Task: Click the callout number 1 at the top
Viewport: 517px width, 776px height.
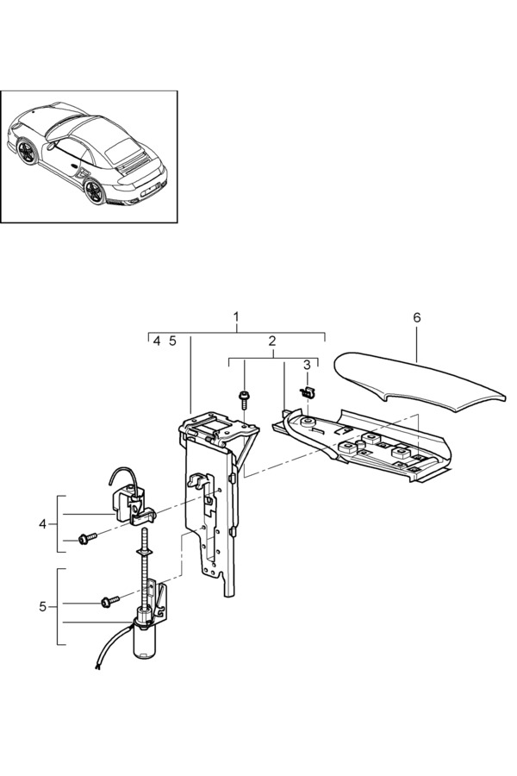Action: (x=237, y=318)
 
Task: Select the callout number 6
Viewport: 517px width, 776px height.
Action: (x=417, y=318)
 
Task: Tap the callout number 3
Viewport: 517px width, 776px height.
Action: (x=307, y=366)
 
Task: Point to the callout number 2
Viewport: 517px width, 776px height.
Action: (x=272, y=341)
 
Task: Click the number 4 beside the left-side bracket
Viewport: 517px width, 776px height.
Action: (x=42, y=523)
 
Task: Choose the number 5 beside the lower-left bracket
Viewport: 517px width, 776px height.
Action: (x=42, y=606)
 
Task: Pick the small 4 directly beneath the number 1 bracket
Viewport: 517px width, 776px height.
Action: (x=157, y=341)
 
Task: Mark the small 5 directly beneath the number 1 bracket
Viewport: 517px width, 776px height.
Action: (x=172, y=341)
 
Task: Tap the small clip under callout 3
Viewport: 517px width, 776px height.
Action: (x=306, y=392)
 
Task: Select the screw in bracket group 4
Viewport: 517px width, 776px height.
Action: (x=86, y=539)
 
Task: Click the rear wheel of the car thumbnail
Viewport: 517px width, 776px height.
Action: (x=94, y=191)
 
